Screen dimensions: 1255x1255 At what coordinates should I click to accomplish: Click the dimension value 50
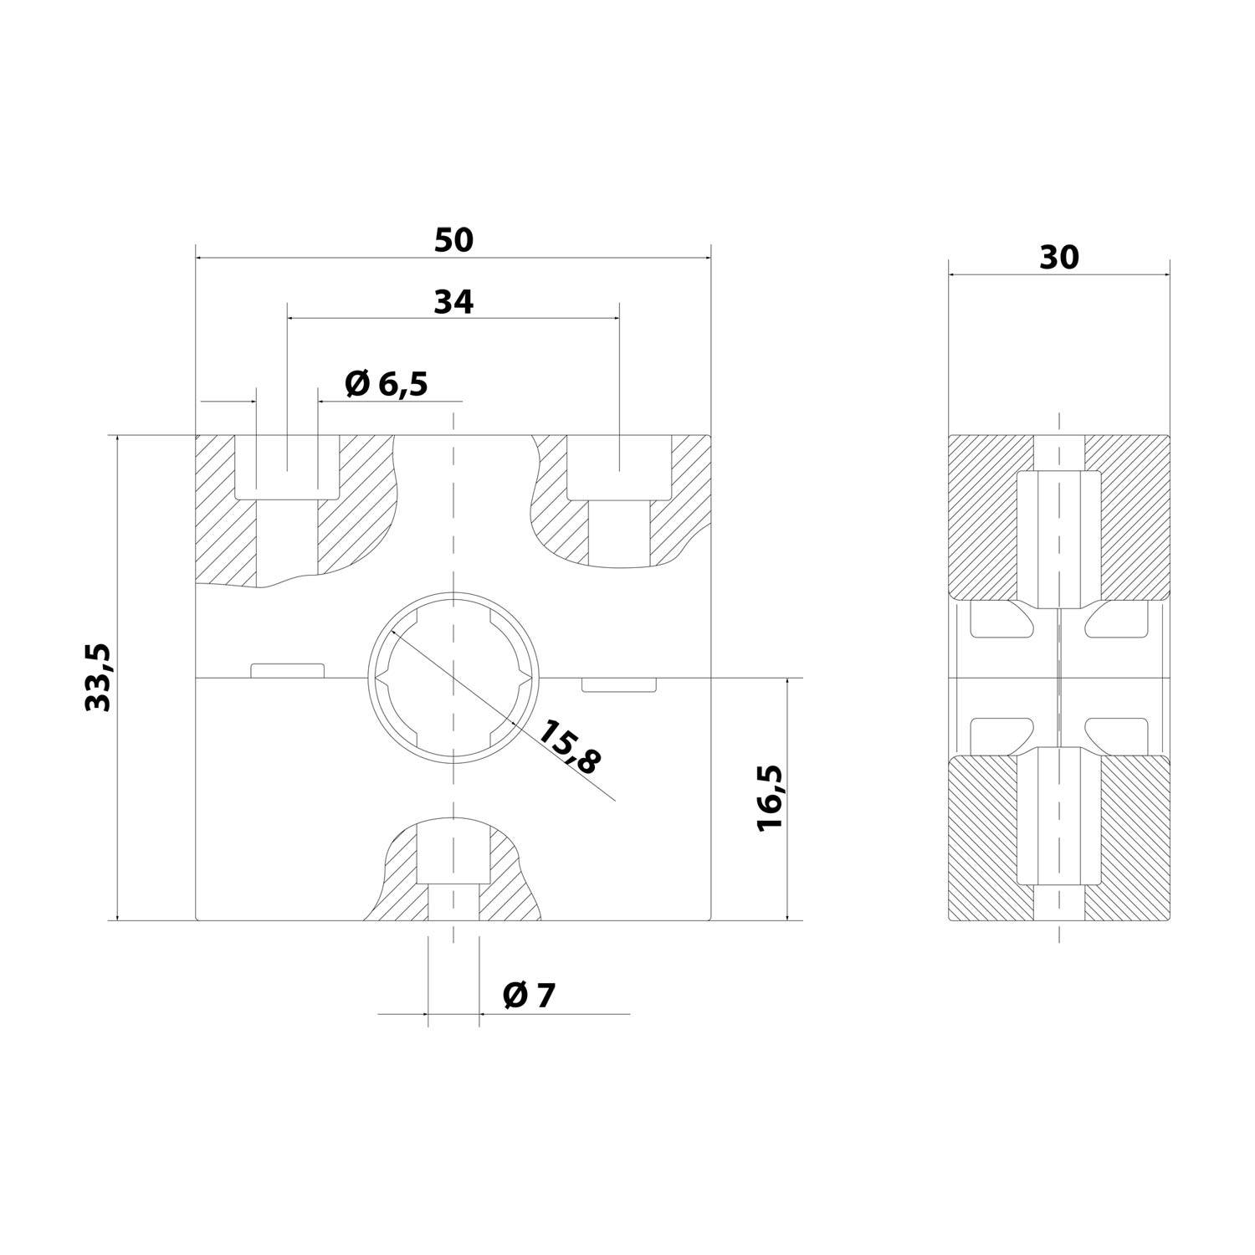[x=453, y=241]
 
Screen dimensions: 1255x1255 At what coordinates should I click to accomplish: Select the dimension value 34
[x=453, y=302]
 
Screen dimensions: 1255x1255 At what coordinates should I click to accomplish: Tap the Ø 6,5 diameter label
[x=386, y=384]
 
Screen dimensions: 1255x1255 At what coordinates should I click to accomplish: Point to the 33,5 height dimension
[x=100, y=678]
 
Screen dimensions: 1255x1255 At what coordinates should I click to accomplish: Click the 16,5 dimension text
[x=769, y=797]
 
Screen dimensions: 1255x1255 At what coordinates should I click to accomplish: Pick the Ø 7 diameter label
[x=530, y=995]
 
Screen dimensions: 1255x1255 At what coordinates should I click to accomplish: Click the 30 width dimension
[x=1059, y=259]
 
